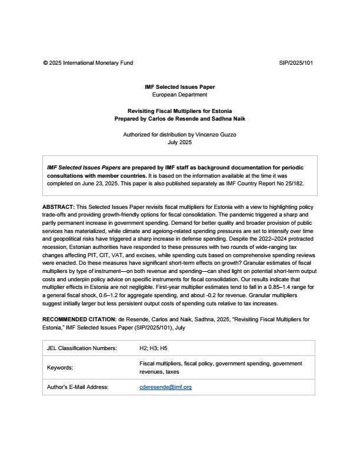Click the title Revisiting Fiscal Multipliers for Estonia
179,111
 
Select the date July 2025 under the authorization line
180,142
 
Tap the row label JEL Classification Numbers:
82,348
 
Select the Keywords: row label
60,368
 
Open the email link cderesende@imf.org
165,387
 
